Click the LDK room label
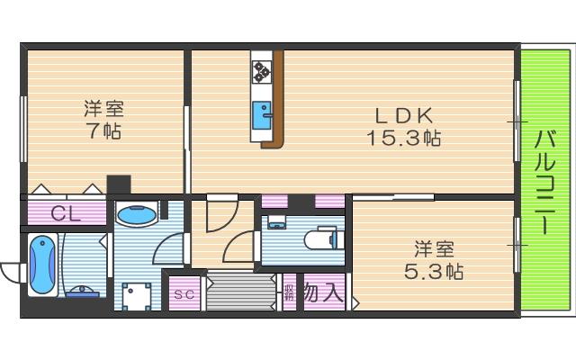click(x=403, y=115)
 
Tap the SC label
click(x=184, y=294)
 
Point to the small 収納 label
click(x=289, y=292)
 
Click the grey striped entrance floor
click(x=240, y=293)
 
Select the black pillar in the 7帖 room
click(x=119, y=184)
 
